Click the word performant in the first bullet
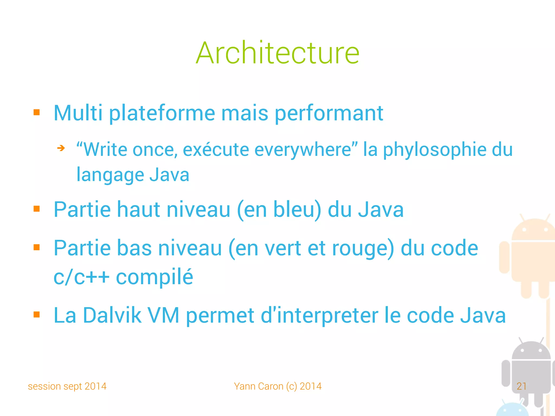pyautogui.click(x=329, y=113)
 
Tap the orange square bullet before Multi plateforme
pyautogui.click(x=37, y=112)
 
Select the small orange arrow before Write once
pyautogui.click(x=61, y=148)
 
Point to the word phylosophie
pyautogui.click(x=434, y=149)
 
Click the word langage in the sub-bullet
pyautogui.click(x=110, y=175)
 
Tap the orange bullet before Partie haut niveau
pyautogui.click(x=37, y=209)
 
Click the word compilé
pyautogui.click(x=154, y=277)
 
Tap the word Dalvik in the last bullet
pyautogui.click(x=112, y=315)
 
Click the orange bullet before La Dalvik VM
pyautogui.click(x=37, y=315)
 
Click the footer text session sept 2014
pyautogui.click(x=67, y=386)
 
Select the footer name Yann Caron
pyautogui.click(x=259, y=386)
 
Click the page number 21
pyautogui.click(x=521, y=386)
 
